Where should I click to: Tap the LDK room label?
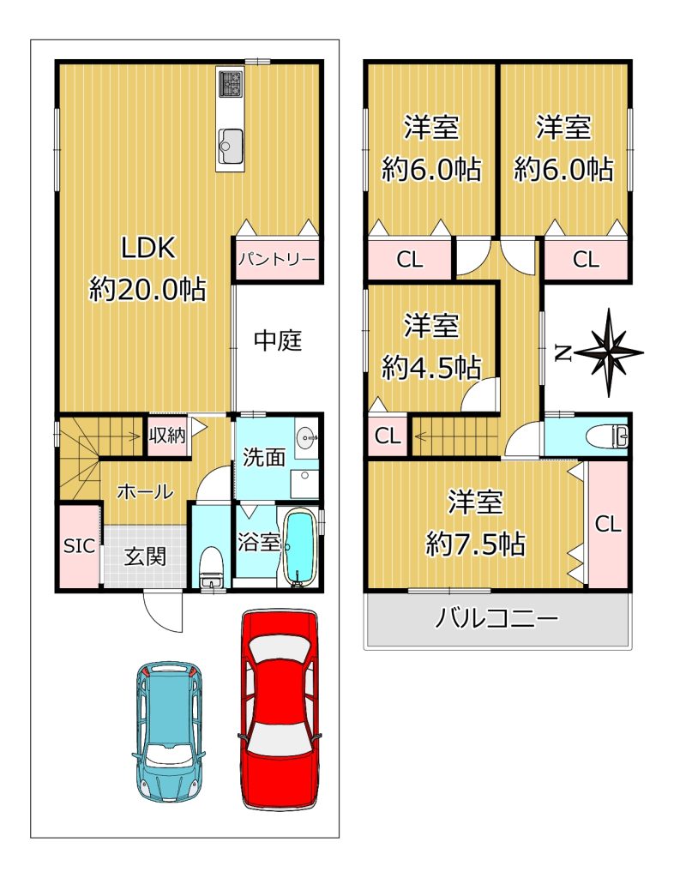tap(149, 248)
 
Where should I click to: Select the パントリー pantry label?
tap(277, 259)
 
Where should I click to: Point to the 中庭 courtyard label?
tap(278, 340)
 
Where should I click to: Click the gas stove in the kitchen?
tap(230, 84)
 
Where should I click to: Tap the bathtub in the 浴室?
tap(302, 546)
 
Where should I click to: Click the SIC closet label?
tap(79, 546)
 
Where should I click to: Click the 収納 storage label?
tap(167, 435)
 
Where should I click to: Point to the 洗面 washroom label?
tap(263, 458)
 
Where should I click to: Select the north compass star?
tap(609, 352)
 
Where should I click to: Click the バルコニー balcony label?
tap(496, 619)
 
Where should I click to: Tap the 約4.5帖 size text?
tap(431, 368)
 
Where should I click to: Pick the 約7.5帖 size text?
tap(475, 543)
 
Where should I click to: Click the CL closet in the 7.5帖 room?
tap(608, 525)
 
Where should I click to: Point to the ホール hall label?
tap(145, 492)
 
